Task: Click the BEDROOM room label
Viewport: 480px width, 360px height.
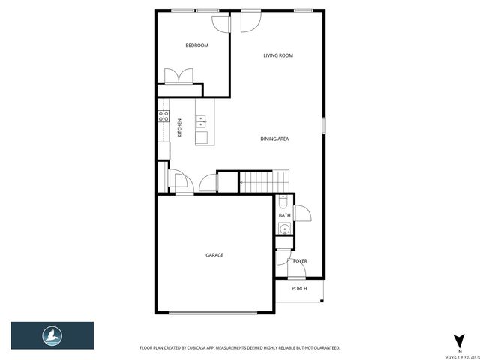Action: point(196,46)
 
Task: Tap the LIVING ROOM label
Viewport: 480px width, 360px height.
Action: point(277,55)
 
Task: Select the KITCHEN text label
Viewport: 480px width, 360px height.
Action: point(180,128)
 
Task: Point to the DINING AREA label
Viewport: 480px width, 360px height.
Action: point(274,139)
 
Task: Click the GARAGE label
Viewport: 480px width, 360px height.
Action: point(214,255)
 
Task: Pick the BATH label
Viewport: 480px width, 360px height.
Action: point(284,216)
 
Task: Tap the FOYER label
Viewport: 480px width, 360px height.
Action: point(300,261)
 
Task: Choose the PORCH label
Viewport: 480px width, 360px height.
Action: point(299,288)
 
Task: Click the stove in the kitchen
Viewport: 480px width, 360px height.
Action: point(162,116)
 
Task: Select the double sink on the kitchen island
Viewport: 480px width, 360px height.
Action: point(201,122)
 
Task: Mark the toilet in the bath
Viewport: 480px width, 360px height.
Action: point(283,202)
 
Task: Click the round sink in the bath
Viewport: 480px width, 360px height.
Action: point(284,229)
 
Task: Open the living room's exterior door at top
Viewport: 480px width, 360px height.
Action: point(247,20)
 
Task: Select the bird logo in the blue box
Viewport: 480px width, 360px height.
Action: point(52,335)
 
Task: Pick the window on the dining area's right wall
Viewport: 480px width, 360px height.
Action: point(324,124)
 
